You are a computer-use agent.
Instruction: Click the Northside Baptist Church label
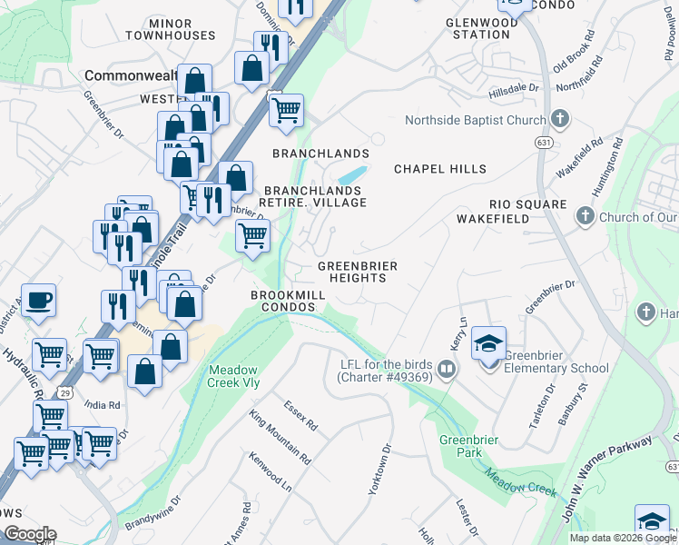coord(474,120)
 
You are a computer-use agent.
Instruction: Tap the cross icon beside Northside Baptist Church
coord(560,120)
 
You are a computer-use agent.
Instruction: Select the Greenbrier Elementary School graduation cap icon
coord(488,343)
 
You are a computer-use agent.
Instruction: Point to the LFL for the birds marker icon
coord(446,370)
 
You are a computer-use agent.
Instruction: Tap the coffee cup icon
coord(37,300)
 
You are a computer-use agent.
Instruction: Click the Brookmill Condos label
coord(284,302)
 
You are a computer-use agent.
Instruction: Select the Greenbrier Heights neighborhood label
coord(358,272)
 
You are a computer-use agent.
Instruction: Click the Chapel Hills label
coord(439,169)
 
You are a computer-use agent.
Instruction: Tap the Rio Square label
coord(527,205)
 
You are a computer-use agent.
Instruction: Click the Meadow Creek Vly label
coord(241,377)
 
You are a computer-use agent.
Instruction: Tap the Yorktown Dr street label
coord(379,468)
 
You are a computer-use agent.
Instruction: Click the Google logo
coord(30,534)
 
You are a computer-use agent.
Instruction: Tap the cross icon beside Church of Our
coord(585,217)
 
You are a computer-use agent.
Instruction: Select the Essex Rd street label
coord(300,416)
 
